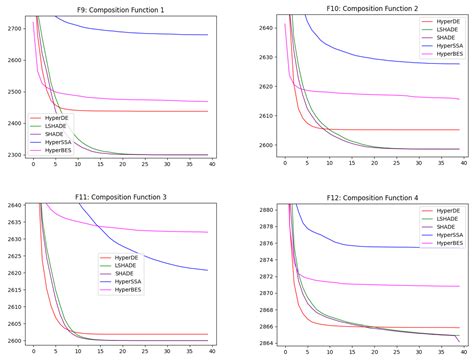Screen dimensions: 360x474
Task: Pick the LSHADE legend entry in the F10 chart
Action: pyautogui.click(x=439, y=29)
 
